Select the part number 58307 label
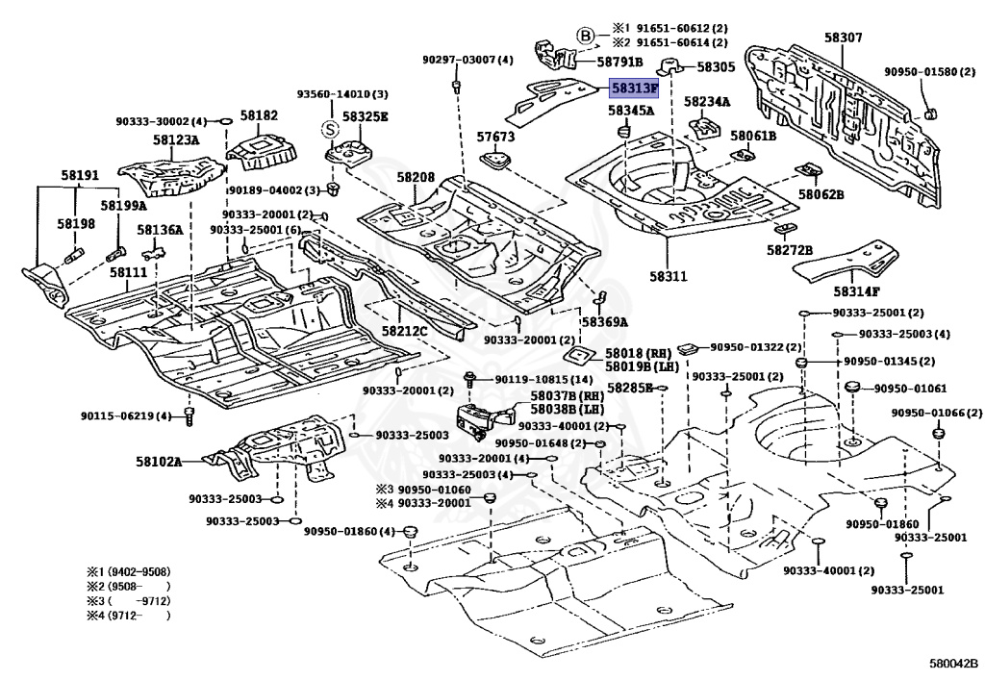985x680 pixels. click(843, 38)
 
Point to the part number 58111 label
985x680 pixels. click(128, 273)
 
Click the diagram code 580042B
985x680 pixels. click(952, 664)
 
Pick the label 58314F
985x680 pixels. click(857, 291)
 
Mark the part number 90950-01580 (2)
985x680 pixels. click(922, 71)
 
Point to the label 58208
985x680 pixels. click(416, 177)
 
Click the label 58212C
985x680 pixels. click(404, 331)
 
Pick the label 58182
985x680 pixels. click(259, 115)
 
